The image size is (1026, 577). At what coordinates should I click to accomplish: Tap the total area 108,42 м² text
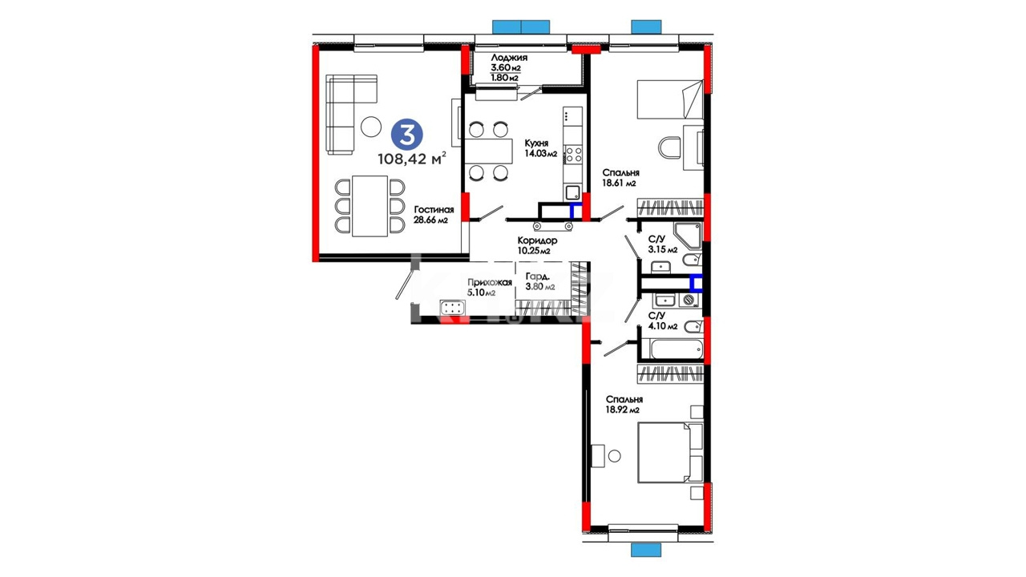click(411, 159)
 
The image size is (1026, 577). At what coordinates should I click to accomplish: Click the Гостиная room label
click(434, 210)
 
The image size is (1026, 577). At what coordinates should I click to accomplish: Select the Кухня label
click(536, 143)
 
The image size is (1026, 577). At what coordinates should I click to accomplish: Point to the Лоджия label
click(509, 58)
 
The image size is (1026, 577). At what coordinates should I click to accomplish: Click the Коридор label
click(537, 240)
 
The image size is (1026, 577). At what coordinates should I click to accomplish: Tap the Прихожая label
click(489, 283)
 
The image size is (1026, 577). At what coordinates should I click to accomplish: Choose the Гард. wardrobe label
click(538, 276)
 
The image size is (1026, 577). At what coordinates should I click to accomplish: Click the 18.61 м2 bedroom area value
click(620, 184)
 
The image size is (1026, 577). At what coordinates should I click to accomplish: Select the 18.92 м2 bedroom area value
click(623, 410)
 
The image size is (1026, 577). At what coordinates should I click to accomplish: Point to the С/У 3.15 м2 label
click(662, 244)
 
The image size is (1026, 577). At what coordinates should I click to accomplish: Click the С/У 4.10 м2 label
click(662, 321)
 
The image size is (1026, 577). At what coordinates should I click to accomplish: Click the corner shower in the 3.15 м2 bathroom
click(688, 236)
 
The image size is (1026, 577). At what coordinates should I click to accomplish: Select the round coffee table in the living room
click(370, 126)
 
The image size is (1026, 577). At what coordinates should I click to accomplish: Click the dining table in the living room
click(370, 206)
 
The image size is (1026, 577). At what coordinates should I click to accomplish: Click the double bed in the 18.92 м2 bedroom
click(671, 453)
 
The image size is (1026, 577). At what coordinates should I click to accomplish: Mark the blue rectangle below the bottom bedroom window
click(646, 550)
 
